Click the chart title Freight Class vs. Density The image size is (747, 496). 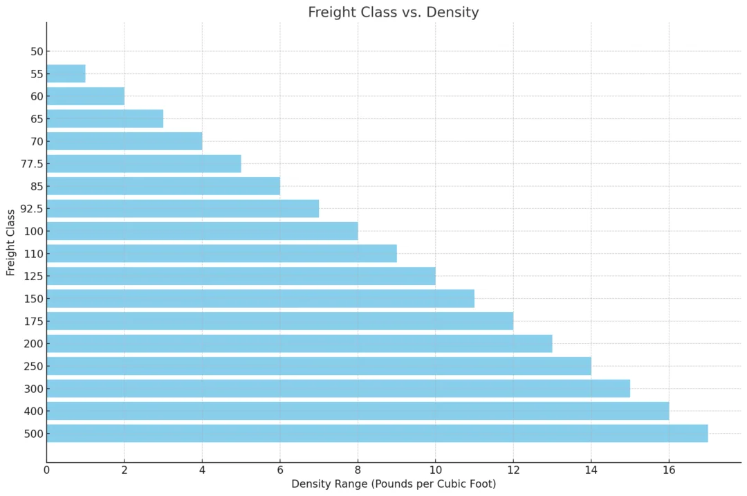coord(393,12)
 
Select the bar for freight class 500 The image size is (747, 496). coord(377,434)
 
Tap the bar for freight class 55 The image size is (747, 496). coord(66,74)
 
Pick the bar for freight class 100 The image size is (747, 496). coord(202,231)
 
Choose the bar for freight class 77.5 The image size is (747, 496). coord(144,164)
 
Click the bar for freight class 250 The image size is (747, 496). coord(319,366)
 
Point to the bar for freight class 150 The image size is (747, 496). coord(260,299)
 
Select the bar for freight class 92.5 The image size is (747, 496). coord(183,209)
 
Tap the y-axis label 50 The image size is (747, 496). coord(37,52)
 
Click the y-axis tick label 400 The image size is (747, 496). coord(33,412)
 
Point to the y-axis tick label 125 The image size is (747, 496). coord(33,277)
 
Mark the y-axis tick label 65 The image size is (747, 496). coord(37,119)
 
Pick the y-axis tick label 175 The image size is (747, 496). coord(33,322)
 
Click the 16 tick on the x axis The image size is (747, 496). coord(668,470)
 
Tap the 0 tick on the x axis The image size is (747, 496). coord(47,470)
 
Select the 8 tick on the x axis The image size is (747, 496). coord(358,470)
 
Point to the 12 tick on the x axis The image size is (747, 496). coord(513,470)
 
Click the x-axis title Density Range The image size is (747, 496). coord(393,484)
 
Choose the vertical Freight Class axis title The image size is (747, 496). coord(11,242)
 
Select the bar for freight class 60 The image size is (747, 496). coord(85,96)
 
